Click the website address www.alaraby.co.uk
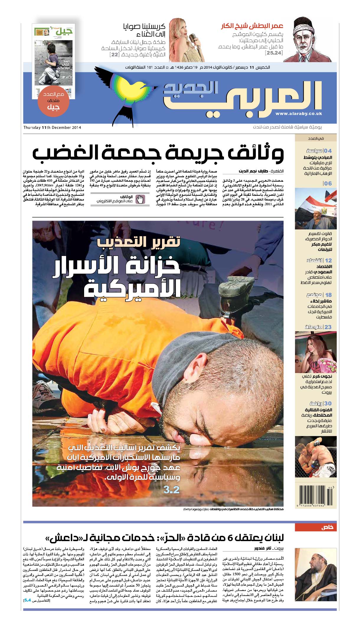[299, 114]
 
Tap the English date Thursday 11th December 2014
[53, 128]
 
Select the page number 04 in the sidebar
[328, 151]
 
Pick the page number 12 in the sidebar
[328, 260]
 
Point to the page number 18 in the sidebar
[328, 295]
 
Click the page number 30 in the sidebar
[328, 403]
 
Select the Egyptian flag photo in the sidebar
[315, 208]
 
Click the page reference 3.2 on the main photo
[171, 490]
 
